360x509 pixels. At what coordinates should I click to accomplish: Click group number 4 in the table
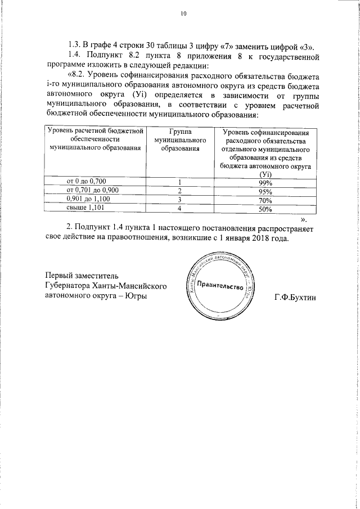180,209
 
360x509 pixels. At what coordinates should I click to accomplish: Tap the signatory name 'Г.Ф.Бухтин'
295,296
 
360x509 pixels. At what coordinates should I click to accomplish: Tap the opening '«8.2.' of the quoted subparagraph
78,76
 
